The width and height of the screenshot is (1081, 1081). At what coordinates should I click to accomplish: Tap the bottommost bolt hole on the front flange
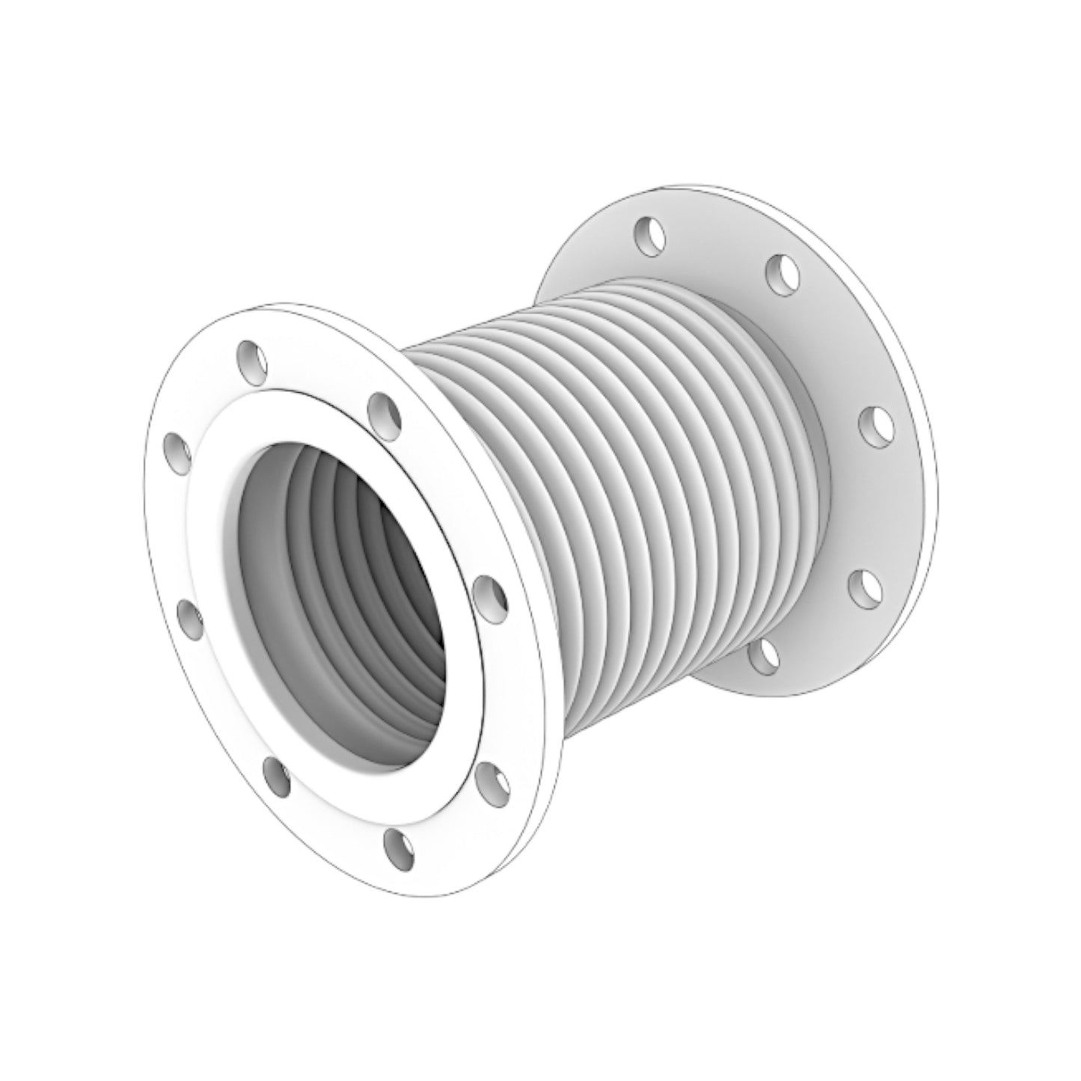(x=399, y=848)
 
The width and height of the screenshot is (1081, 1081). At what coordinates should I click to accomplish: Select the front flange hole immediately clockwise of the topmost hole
(x=384, y=413)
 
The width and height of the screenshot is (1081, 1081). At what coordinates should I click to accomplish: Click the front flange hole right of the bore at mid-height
(x=491, y=595)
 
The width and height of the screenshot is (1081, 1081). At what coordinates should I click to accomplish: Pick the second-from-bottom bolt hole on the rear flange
(x=865, y=588)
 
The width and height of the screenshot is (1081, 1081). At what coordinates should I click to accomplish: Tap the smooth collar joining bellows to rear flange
(x=815, y=486)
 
